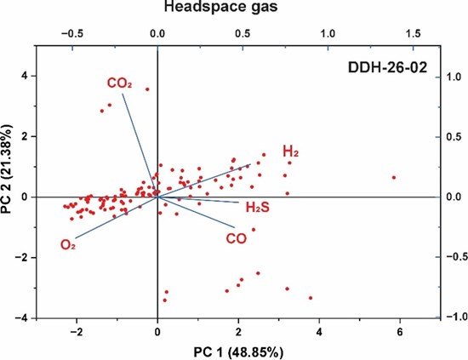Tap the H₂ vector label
(x=291, y=152)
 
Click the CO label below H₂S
(x=237, y=239)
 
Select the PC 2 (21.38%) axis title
(x=10, y=182)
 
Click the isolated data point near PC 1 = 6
(x=393, y=177)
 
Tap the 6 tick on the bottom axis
(x=400, y=330)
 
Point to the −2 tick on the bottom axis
(x=76, y=330)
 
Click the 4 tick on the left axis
(x=26, y=76)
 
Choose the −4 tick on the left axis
(x=24, y=317)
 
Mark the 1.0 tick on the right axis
(x=453, y=76)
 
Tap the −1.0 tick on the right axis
(x=451, y=317)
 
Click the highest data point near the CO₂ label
(x=147, y=89)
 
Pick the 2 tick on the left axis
(x=26, y=136)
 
